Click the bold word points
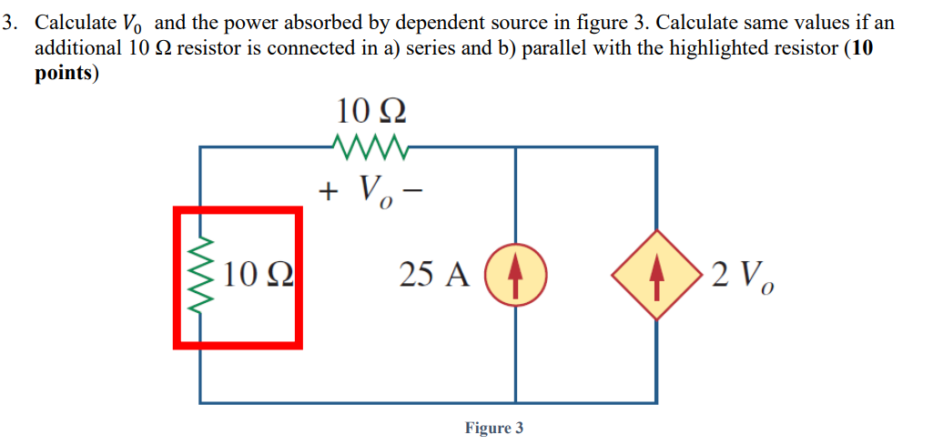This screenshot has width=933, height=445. coord(65,74)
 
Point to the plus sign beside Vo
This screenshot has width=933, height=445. coord(327,190)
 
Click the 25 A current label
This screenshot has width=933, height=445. coord(433,274)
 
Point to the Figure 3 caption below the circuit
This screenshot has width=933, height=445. coord(493,428)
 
